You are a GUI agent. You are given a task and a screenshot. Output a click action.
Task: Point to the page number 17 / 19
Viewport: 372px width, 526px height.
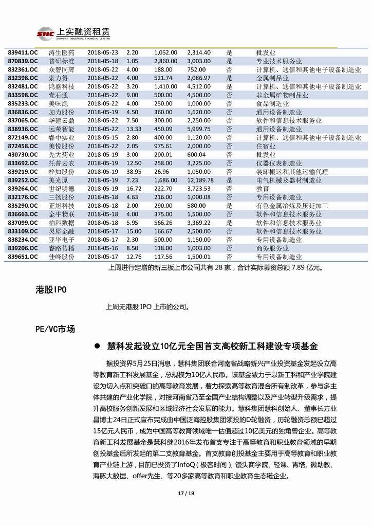(x=185, y=494)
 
